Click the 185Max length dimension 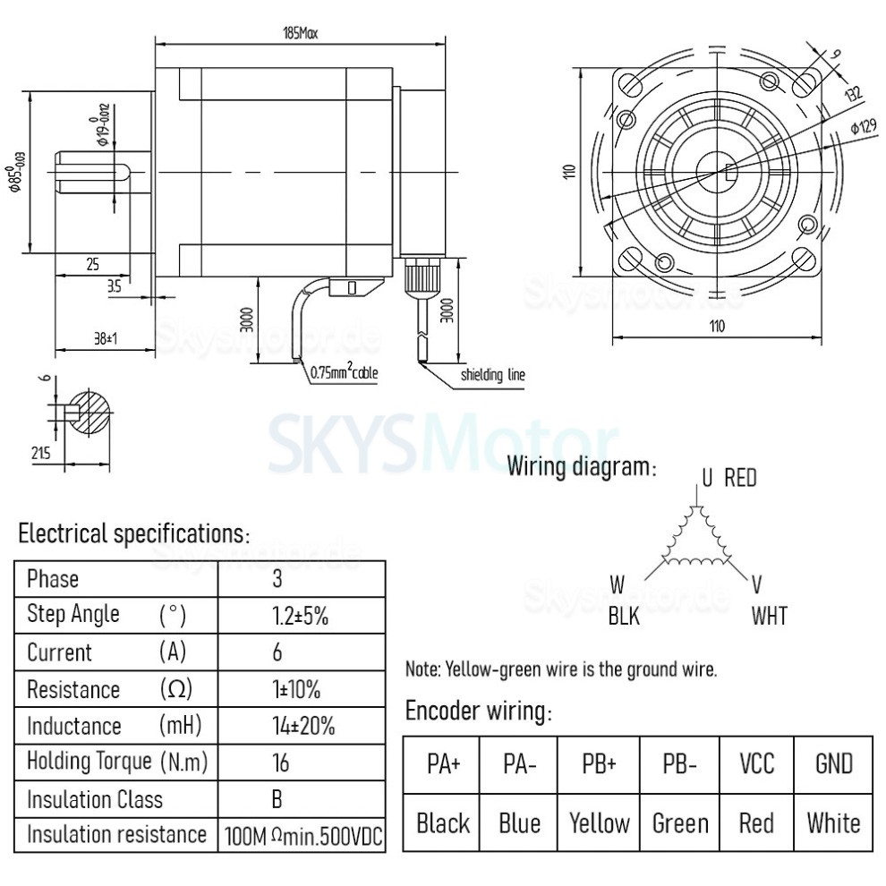301,33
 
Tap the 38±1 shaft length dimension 106,339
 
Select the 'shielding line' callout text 492,375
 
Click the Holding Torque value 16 278,762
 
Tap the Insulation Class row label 95,799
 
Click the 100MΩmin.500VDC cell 302,836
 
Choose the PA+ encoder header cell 443,763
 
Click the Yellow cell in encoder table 599,822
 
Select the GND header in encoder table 833,763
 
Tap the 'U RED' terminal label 728,478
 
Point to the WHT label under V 770,616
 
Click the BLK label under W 624,616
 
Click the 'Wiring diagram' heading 582,467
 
